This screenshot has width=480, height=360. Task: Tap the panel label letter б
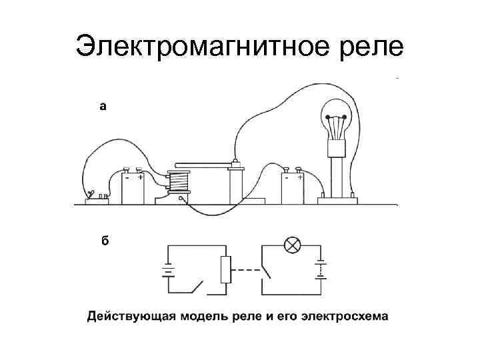[105, 241]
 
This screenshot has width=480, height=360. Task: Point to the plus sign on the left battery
[140, 178]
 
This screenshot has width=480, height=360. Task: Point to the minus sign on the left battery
[127, 178]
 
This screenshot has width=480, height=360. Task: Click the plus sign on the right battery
[300, 178]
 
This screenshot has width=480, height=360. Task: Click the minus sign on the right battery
[287, 178]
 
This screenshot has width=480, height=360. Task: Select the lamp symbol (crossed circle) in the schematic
[291, 245]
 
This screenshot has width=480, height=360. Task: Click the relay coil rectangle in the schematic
[225, 269]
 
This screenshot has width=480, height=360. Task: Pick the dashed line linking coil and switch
[247, 269]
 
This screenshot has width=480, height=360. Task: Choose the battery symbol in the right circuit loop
[321, 269]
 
